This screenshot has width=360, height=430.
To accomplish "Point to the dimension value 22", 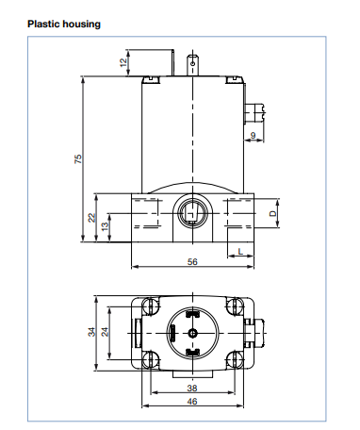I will tap(91, 217).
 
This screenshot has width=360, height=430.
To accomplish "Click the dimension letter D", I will tap(272, 215).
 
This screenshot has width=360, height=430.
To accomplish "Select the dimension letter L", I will tap(241, 251).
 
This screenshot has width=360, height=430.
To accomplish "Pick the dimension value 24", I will tap(106, 332).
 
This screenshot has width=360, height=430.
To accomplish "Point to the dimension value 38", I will tap(192, 388).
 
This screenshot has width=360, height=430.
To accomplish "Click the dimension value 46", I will tap(192, 402).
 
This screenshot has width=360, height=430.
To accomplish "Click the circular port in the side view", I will tap(192, 214).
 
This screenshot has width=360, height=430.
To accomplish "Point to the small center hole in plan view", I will tap(192, 332).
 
